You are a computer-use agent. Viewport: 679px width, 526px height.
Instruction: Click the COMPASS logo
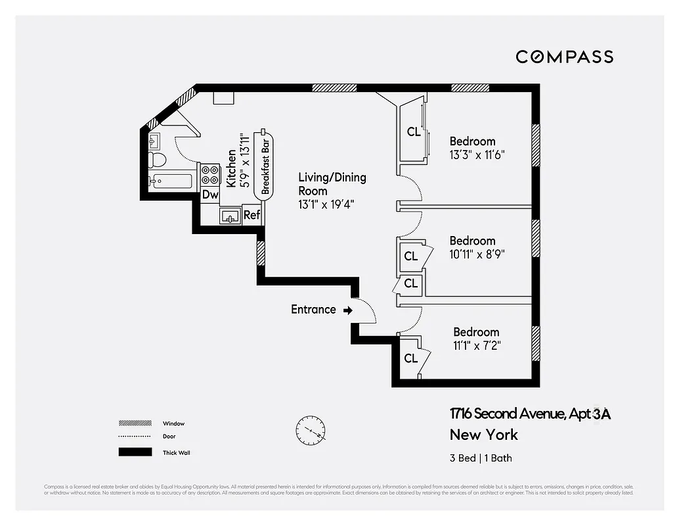click(x=564, y=57)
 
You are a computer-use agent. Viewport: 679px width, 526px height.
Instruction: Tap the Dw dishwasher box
click(x=210, y=195)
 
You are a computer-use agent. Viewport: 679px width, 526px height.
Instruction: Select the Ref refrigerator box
click(x=252, y=215)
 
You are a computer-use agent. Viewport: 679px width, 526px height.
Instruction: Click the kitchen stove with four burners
click(x=210, y=174)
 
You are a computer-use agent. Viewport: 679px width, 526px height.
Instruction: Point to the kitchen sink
click(x=230, y=216)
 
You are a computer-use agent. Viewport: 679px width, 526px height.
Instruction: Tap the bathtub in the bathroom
click(x=170, y=181)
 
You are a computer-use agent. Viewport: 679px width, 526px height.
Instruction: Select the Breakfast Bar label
click(x=266, y=164)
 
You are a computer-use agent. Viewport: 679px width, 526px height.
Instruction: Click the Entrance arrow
click(x=347, y=310)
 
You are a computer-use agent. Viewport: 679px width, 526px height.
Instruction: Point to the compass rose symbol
click(x=310, y=429)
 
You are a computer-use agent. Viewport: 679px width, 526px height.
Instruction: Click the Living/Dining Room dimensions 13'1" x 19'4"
click(x=326, y=204)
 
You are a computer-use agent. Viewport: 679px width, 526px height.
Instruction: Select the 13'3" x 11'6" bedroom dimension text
click(x=477, y=155)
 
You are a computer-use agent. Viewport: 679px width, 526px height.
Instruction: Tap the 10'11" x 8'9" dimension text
click(x=477, y=254)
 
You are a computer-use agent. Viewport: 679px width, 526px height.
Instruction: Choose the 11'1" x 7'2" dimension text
click(x=477, y=346)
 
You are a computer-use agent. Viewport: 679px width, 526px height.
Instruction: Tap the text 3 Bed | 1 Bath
click(x=481, y=458)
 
